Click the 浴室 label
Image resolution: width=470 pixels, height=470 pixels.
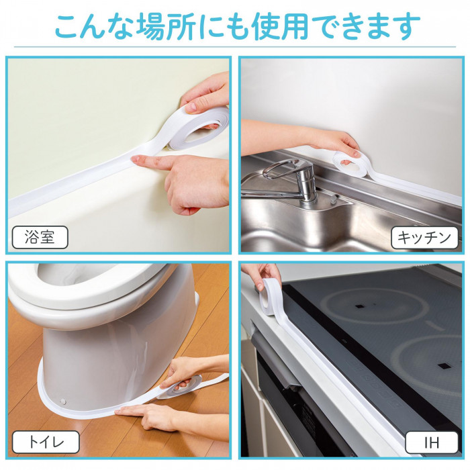[40, 238]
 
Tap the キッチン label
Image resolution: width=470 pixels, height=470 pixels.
[424, 237]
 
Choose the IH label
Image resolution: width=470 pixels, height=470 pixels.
[432, 442]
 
